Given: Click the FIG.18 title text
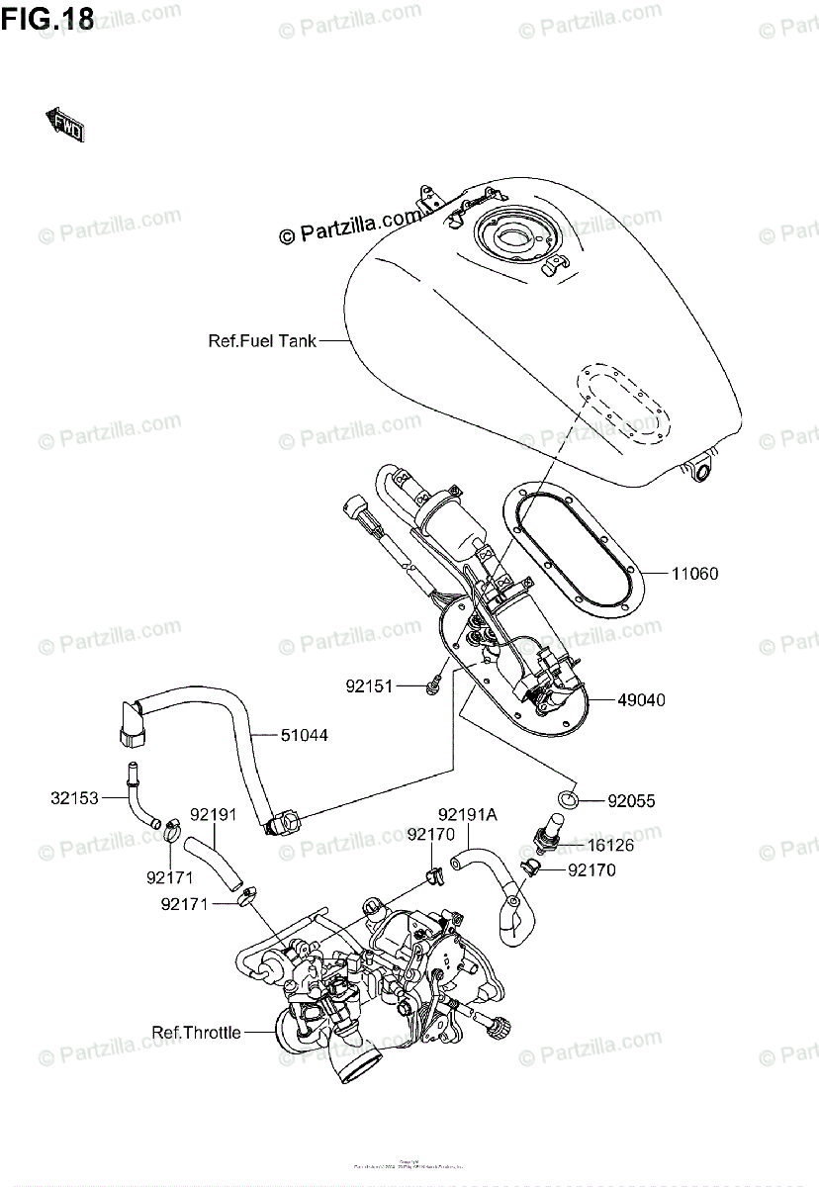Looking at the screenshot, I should click(x=47, y=20).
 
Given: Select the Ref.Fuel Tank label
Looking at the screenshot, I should click(x=262, y=341).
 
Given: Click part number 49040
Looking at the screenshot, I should click(x=642, y=699).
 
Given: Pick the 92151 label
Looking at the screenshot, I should click(x=369, y=685).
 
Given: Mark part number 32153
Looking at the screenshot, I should click(x=75, y=798).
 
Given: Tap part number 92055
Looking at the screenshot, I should click(x=631, y=799).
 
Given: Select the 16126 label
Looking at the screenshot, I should click(x=611, y=846).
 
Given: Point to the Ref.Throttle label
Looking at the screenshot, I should click(x=196, y=1033).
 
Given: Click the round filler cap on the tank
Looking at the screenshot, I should click(x=513, y=236).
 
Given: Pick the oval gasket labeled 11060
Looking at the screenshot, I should click(x=580, y=554).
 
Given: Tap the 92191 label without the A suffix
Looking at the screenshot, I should click(x=213, y=816).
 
